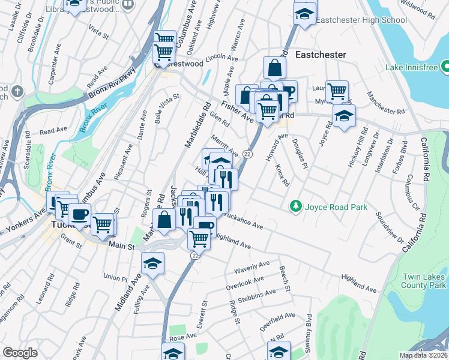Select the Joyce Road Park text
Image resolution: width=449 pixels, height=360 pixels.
coord(336,207)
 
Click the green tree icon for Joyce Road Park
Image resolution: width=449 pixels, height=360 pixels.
coord(295,206)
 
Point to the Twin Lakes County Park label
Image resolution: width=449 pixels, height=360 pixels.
coord(424,282)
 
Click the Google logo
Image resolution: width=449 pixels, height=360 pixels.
coord(20,352)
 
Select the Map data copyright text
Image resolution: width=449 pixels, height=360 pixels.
coord(424,355)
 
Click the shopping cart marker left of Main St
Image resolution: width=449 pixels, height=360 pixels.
coord(103,224)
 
